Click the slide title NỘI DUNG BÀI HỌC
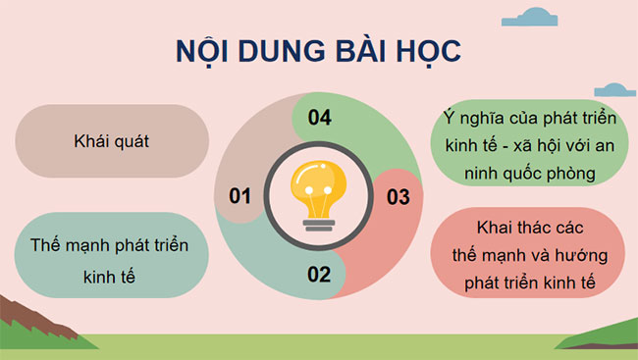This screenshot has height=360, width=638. [x=318, y=51]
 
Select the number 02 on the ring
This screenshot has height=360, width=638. [x=319, y=274]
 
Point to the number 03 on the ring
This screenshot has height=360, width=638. [x=397, y=197]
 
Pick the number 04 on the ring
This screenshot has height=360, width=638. [x=319, y=119]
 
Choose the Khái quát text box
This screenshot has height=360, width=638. [x=110, y=141]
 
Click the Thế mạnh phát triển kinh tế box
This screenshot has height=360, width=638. [x=110, y=254]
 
